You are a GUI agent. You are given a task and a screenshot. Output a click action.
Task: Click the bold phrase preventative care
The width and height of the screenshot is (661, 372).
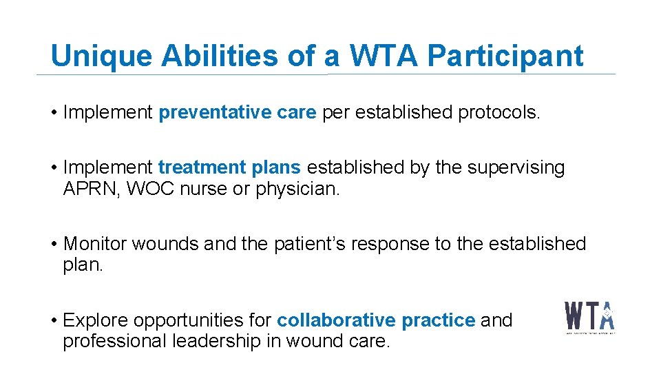pyautogui.click(x=237, y=113)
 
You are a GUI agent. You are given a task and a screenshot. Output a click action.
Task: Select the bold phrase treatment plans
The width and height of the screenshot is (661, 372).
pyautogui.click(x=229, y=167)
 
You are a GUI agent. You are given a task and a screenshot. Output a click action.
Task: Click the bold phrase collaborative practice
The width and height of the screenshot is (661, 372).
pyautogui.click(x=376, y=320)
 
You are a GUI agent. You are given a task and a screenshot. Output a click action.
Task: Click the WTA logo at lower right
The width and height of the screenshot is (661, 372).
pyautogui.click(x=590, y=318)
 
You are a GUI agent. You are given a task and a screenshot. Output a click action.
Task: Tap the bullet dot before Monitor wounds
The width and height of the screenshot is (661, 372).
pyautogui.click(x=54, y=244)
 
